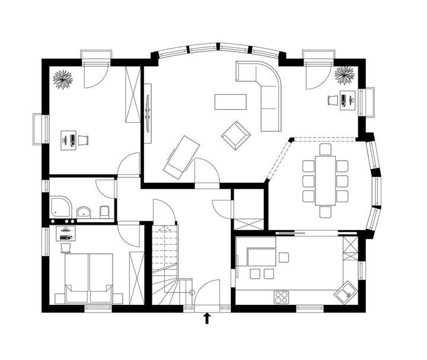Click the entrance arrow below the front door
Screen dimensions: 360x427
pos(207,319)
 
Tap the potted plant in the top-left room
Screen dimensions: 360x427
pos(62,80)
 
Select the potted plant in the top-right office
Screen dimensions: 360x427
pos(344,76)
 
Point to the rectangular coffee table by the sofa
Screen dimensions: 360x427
pos(231,102)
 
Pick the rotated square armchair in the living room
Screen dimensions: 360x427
pos(235,135)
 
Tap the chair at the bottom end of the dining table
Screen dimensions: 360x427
pos(325,212)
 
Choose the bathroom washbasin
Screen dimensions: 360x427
pos(85,211)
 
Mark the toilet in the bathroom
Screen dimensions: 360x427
pos(104,212)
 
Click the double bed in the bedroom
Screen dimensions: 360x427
pos(88,277)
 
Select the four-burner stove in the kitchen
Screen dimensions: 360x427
pos(281,295)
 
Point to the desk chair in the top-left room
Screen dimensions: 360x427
pos(84,140)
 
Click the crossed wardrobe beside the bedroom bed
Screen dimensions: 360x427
pos(136,276)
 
